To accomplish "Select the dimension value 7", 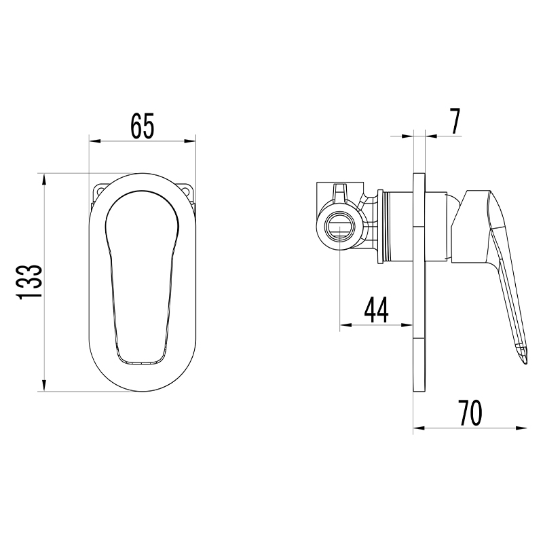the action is click(x=455, y=121).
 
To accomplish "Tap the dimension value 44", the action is click(x=377, y=310).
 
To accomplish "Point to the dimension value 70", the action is click(x=470, y=413).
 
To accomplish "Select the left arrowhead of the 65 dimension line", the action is click(x=94, y=141).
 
